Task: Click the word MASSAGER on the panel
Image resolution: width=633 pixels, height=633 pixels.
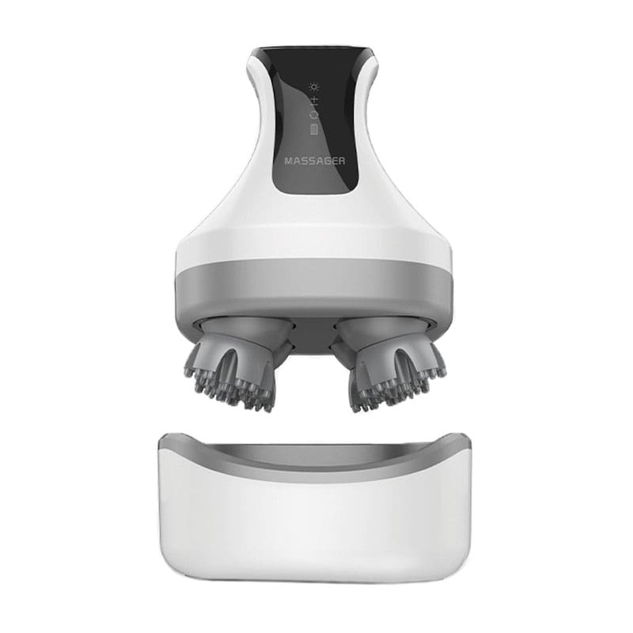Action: pos(315,161)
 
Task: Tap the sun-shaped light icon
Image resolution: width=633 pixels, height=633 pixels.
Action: pos(314,87)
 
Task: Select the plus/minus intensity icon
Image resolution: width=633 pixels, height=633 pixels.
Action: pos(314,100)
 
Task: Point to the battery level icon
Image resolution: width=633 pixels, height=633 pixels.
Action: pos(313,130)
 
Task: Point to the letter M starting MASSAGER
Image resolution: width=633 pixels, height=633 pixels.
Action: pos(289,161)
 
